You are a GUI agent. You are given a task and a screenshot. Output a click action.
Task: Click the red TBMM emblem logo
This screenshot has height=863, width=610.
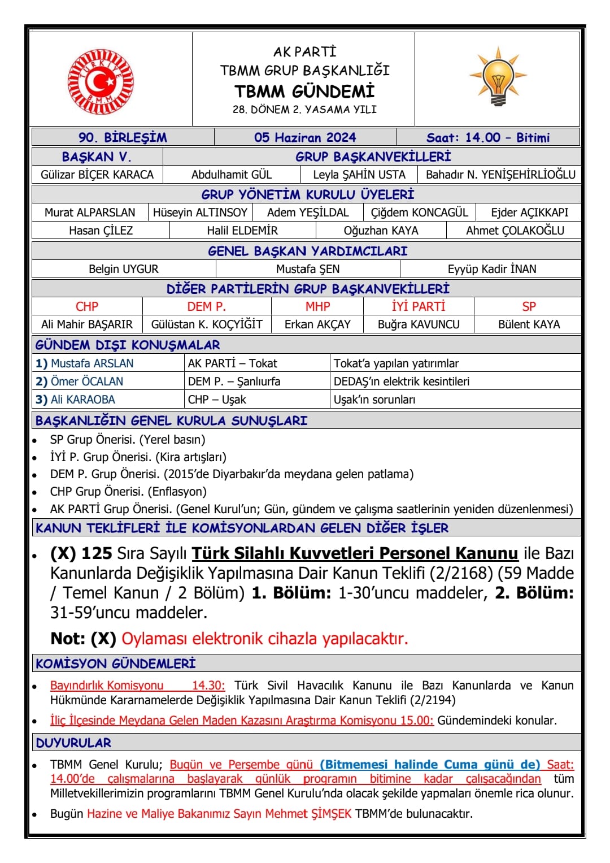click(101, 80)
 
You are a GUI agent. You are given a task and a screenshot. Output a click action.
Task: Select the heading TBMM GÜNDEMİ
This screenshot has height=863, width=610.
click(304, 91)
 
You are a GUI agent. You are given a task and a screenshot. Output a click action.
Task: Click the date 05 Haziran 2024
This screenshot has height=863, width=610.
click(305, 137)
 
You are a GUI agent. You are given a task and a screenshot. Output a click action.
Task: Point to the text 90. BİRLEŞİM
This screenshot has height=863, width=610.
click(123, 137)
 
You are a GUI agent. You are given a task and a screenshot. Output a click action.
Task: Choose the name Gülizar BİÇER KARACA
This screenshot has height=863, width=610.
click(97, 175)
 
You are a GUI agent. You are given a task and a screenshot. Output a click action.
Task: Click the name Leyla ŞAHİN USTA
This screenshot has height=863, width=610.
click(359, 175)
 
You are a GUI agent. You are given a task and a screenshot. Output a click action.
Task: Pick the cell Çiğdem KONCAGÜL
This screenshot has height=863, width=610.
click(419, 213)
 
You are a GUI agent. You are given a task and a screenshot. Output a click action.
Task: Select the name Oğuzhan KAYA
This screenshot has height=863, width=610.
click(381, 231)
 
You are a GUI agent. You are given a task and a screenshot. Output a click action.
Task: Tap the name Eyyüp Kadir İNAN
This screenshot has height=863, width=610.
click(492, 269)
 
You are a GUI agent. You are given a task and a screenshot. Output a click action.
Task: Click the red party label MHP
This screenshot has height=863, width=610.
click(317, 306)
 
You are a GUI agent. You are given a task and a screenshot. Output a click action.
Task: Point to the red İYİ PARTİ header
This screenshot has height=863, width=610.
click(419, 306)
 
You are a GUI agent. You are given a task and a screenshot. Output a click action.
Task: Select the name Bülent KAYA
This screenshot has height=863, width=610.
click(529, 324)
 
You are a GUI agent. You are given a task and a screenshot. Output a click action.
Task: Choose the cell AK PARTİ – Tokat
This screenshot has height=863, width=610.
click(233, 363)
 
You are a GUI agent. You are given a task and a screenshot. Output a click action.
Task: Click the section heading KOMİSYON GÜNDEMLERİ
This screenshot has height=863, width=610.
click(116, 663)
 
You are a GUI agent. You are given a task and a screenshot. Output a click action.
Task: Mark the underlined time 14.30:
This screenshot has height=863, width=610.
click(208, 686)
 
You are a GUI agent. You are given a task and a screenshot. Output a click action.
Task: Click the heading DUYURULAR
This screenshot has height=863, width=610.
click(73, 743)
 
